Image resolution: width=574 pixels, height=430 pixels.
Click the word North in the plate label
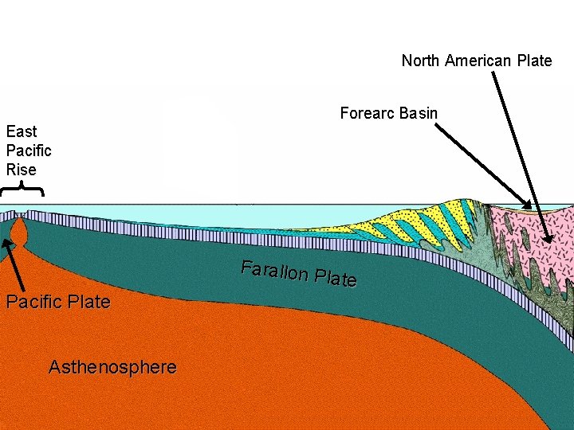[420, 61]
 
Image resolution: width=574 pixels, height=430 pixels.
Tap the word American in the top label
[478, 61]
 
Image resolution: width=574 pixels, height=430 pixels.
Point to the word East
[22, 131]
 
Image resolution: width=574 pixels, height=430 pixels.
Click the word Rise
[21, 170]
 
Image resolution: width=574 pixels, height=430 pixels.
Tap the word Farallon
[274, 271]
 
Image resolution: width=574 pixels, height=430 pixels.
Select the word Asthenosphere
[112, 367]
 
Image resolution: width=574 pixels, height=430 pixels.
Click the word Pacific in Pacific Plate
[34, 302]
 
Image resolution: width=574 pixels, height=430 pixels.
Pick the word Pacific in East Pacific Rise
[29, 150]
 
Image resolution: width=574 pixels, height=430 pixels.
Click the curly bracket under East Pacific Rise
[22, 190]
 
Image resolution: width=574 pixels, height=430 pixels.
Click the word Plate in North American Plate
[534, 61]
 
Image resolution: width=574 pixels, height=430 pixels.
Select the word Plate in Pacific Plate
[88, 302]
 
